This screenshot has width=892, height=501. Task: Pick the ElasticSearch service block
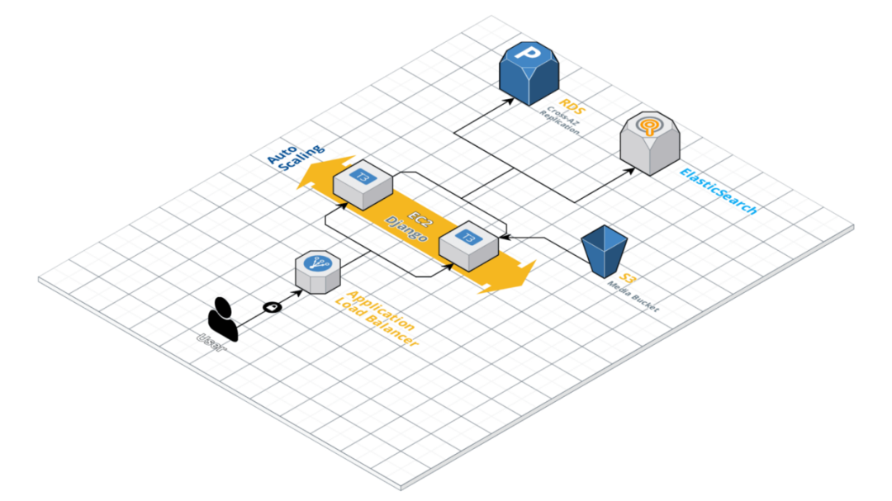650,143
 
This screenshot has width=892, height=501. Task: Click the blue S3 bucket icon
605,250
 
